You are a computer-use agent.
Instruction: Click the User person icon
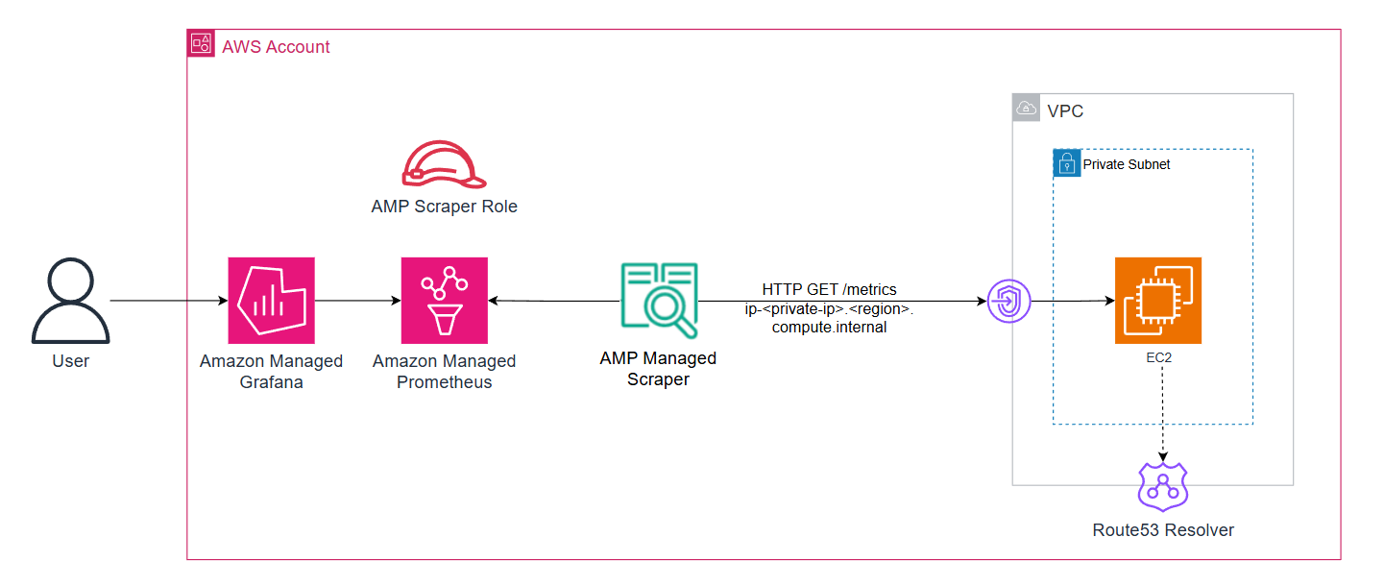[70, 301]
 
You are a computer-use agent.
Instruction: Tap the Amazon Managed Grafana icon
[271, 300]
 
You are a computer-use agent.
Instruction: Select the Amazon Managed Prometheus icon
[444, 300]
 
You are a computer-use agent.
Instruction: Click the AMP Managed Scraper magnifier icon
[658, 300]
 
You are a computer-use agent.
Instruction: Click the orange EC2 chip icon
[1157, 300]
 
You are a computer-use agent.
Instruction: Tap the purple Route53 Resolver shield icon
[1162, 486]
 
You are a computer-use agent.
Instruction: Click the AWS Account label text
[276, 46]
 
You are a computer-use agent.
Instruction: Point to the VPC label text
[1065, 111]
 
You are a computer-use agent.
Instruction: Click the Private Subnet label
[1126, 164]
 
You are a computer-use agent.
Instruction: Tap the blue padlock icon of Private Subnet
[1066, 162]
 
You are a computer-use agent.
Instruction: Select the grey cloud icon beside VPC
[1027, 109]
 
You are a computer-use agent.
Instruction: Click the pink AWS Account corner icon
[202, 43]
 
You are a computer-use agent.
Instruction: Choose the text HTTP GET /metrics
[829, 289]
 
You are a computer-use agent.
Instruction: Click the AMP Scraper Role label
[444, 207]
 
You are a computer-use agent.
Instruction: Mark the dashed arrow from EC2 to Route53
[1163, 413]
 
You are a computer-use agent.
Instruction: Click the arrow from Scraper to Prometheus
[553, 301]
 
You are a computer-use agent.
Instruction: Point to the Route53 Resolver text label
[1162, 530]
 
